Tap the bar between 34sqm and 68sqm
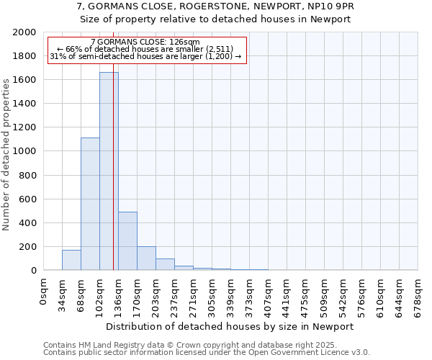tap(71, 260)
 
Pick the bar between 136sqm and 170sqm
tap(127, 241)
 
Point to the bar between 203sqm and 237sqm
tap(165, 264)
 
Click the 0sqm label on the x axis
tap(44, 291)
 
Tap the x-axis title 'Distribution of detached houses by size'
tap(235, 326)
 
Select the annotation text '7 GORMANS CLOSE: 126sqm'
tap(145, 42)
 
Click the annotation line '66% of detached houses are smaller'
tap(145, 49)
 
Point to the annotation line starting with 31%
tap(145, 56)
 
